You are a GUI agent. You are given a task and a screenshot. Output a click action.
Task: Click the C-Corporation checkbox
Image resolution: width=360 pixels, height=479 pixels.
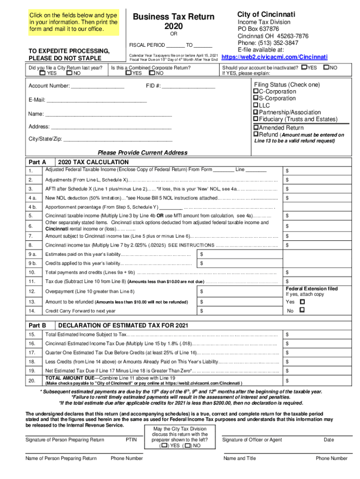256,91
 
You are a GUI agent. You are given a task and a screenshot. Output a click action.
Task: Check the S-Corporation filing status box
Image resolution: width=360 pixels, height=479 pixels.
256,98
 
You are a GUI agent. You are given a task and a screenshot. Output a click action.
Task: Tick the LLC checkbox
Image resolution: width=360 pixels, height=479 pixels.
256,106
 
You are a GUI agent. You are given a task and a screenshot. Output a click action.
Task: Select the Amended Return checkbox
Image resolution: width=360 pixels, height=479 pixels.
256,128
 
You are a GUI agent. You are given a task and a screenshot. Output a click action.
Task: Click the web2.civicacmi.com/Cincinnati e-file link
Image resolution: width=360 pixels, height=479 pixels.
274,57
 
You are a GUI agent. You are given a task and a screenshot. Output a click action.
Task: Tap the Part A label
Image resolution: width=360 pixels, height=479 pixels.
37,162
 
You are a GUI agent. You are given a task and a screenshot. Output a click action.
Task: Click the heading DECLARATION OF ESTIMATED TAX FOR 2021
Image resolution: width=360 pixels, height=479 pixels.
117,325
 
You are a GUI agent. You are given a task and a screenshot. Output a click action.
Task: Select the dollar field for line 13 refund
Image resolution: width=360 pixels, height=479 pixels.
238,302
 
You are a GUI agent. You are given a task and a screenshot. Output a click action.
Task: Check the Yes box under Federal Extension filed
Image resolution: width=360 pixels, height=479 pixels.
302,302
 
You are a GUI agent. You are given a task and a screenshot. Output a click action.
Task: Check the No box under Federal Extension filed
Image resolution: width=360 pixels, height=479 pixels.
302,311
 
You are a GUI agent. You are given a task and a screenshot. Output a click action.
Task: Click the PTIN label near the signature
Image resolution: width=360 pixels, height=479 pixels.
131,440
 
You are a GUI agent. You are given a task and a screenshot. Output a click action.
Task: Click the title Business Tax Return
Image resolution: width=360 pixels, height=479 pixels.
173,17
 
